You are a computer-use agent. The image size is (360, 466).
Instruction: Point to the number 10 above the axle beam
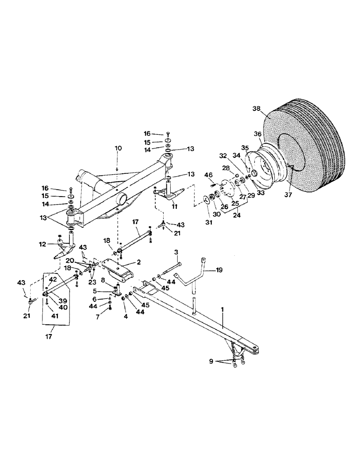[118, 148]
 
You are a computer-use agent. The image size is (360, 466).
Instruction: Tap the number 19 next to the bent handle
[220, 269]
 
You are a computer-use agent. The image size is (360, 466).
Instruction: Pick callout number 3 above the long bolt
[177, 252]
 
